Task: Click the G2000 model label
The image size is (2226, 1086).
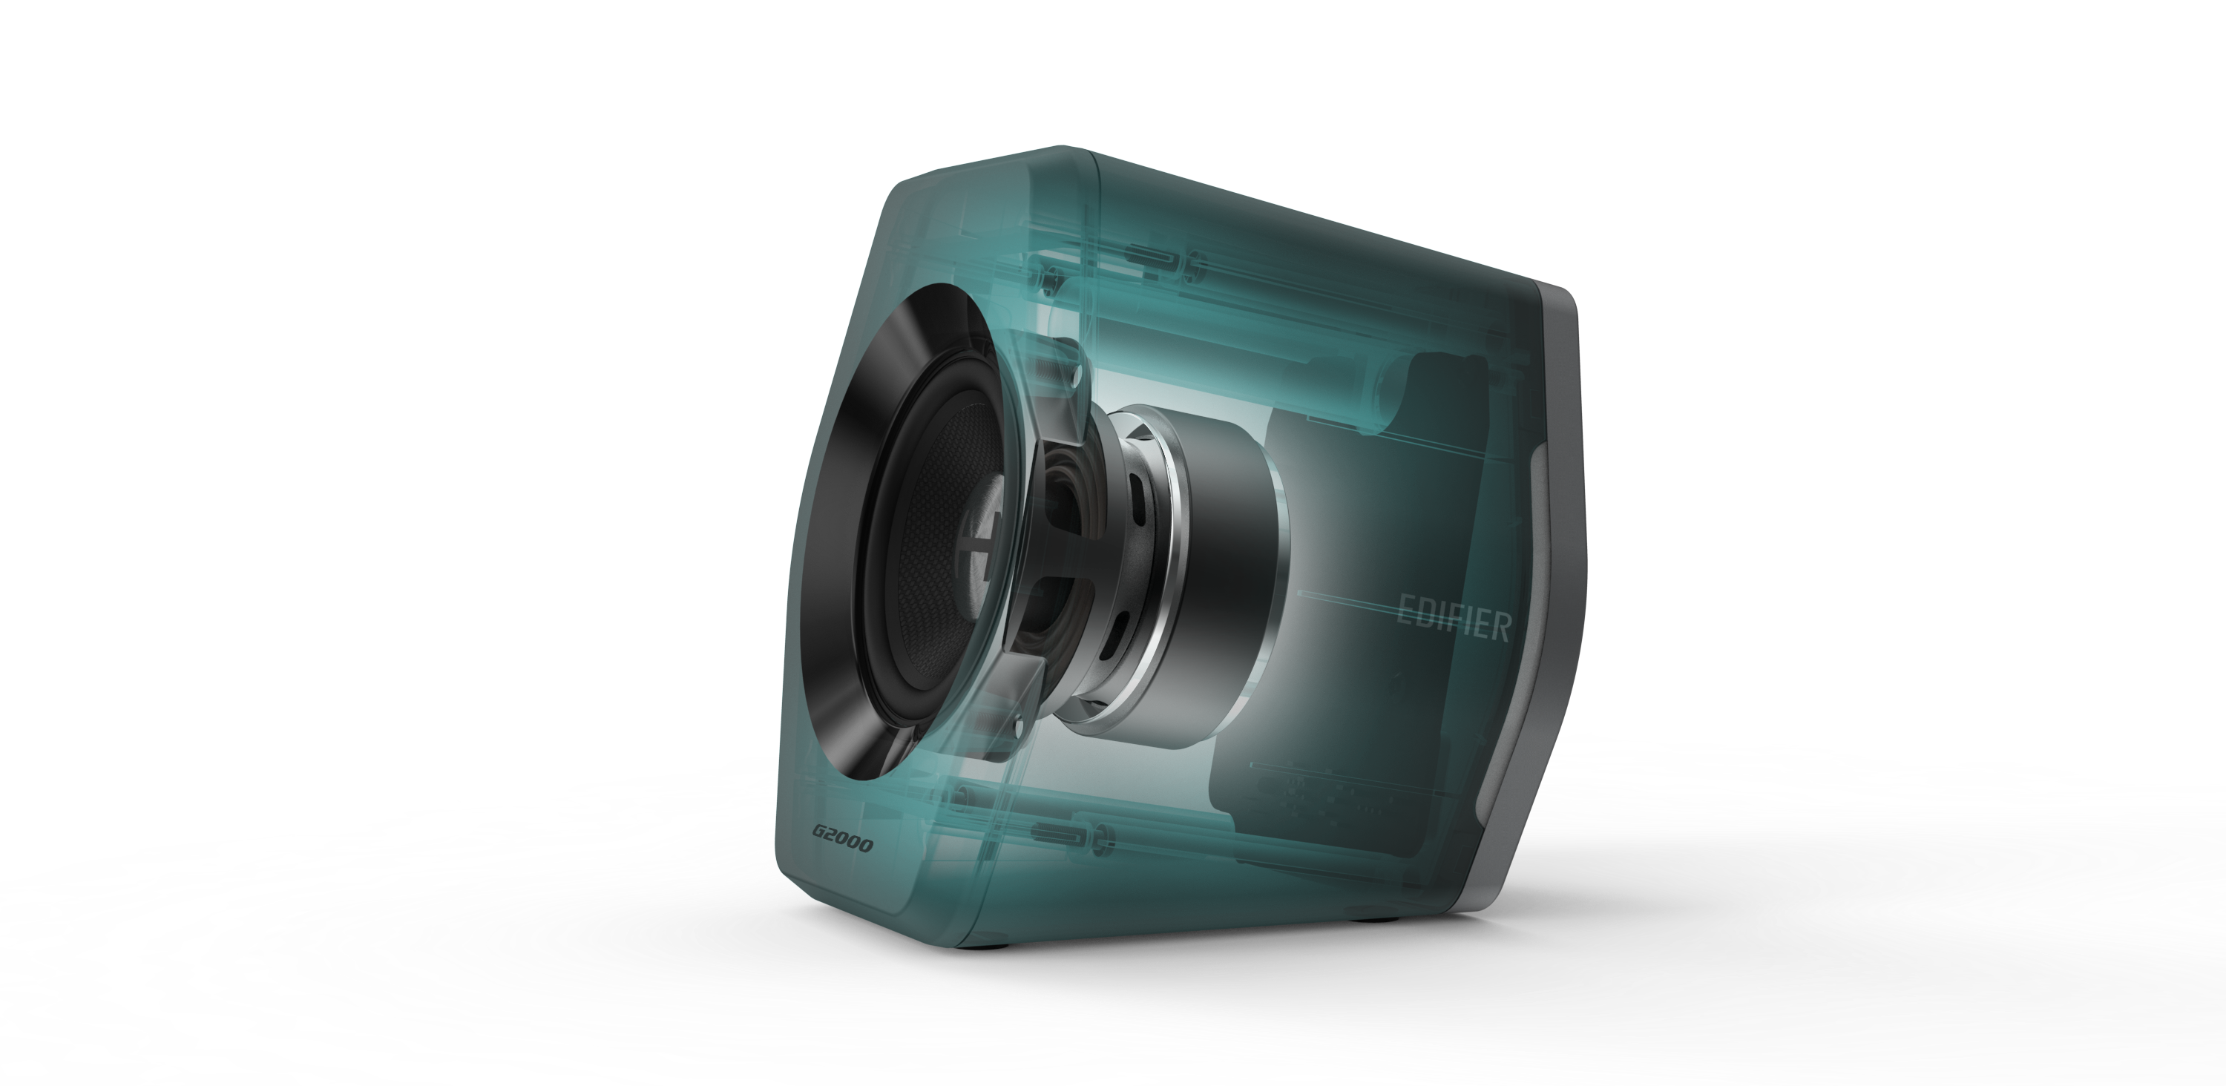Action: tap(841, 840)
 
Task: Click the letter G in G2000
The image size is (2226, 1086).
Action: tap(818, 835)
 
